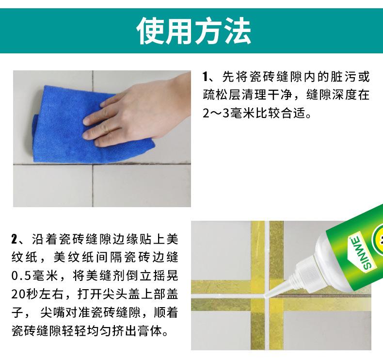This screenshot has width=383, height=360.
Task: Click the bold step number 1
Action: [x=206, y=77]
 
